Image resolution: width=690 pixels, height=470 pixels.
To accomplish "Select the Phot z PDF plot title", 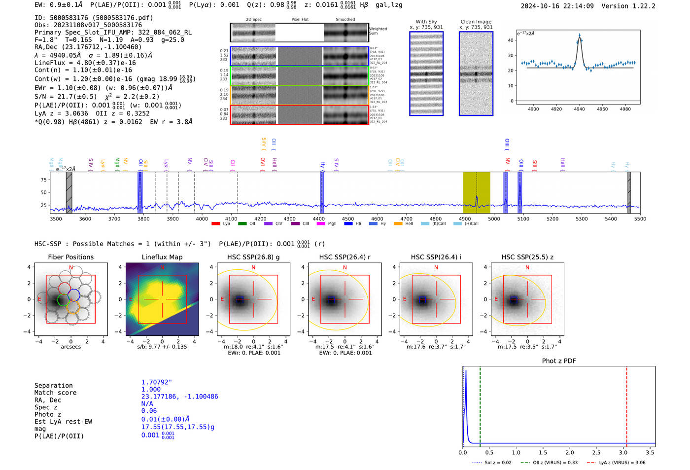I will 559,361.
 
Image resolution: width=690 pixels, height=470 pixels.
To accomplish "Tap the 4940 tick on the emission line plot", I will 580,109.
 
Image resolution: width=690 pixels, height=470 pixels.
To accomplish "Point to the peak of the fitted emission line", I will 580,36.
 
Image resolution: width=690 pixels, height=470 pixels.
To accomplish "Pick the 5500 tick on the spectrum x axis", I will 640,219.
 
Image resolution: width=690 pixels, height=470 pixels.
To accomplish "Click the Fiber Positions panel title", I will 70,257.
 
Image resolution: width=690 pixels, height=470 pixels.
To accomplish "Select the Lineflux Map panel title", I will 162,257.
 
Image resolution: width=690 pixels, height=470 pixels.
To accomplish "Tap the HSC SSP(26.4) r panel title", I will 345,257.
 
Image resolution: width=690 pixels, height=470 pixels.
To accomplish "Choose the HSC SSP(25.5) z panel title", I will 527,257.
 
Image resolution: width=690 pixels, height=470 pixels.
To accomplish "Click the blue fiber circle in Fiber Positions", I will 73,295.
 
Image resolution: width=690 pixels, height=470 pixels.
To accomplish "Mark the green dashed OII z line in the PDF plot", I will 480,404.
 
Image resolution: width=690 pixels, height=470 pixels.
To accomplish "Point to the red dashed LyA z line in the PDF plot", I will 626,404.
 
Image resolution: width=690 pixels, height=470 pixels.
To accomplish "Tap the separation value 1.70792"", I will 157,382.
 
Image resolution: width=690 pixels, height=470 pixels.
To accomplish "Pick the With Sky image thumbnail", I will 426,74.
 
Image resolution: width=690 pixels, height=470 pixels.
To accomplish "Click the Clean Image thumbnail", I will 476,74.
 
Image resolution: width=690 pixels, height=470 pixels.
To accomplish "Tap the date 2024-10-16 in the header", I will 540,6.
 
